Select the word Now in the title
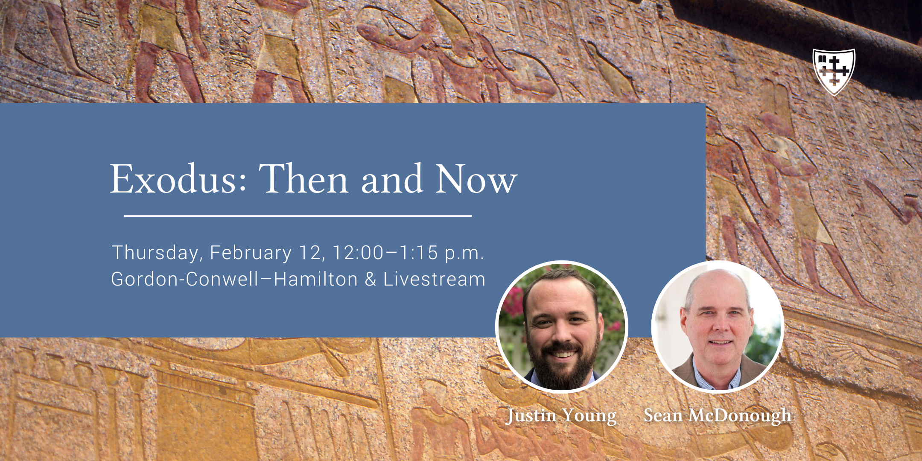point(476,179)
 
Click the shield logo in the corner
point(834,72)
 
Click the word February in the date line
point(251,253)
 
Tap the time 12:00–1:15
point(385,252)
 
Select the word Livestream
point(434,279)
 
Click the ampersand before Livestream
point(371,279)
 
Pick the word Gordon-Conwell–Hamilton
point(234,279)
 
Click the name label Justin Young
point(561,415)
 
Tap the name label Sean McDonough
point(718,415)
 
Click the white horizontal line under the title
point(298,216)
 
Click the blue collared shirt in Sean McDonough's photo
point(717,376)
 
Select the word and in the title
point(392,179)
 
